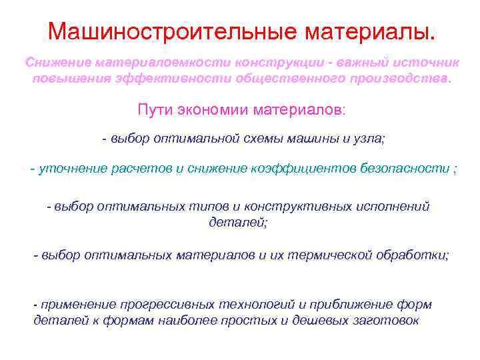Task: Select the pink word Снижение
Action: [x=57, y=62]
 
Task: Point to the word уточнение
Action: [x=69, y=169]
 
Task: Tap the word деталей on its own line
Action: [x=238, y=222]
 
